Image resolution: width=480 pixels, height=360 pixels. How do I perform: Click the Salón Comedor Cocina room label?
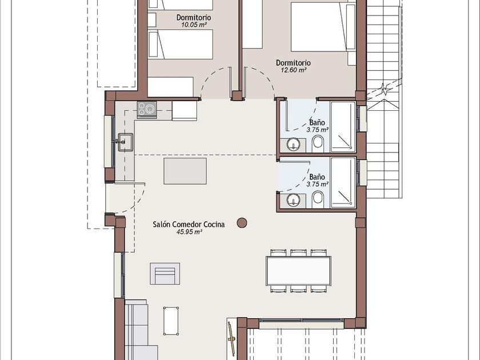pos(189,225)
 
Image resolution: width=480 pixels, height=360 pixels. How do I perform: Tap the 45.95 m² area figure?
pos(189,232)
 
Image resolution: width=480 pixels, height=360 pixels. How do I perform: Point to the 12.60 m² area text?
pos(294,70)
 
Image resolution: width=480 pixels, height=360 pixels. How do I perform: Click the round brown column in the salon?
pos(242,223)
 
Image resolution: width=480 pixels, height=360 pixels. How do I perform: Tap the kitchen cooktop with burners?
pos(147,110)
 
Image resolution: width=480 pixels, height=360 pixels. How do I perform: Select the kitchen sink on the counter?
pos(125,142)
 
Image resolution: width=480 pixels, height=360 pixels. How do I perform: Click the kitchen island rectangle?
pos(185,171)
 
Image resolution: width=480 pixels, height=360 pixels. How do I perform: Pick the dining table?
pos(298,271)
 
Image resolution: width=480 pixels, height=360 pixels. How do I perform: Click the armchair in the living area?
pos(165,273)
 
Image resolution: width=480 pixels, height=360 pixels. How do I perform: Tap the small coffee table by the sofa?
pos(171,321)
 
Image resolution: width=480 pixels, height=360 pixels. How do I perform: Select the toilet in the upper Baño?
pos(318,144)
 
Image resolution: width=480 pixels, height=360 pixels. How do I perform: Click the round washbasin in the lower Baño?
pos(294,200)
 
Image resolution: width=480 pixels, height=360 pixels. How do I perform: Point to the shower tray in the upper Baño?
pos(343,127)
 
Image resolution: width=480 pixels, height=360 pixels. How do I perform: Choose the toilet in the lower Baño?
pos(318,199)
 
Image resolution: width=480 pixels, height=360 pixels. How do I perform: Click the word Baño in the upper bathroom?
pos(317,123)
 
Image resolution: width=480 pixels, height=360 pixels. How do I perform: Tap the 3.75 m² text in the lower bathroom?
pos(318,184)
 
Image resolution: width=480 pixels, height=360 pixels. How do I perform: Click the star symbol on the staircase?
pos(384,89)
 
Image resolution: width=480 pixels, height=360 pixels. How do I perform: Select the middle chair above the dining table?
pos(298,253)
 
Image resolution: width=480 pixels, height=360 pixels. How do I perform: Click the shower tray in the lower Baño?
pos(343,182)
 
